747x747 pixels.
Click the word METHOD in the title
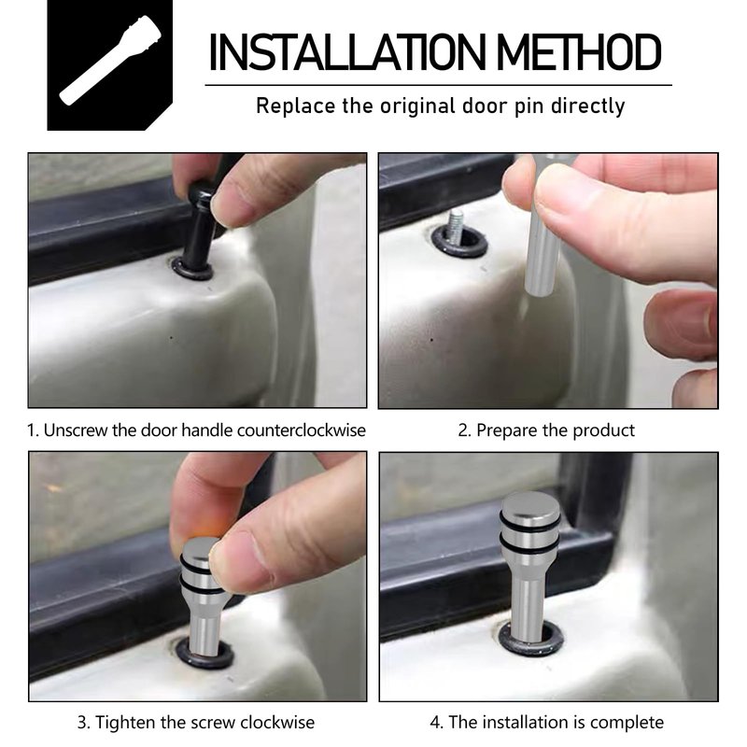[579, 52]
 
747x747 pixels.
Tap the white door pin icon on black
[110, 61]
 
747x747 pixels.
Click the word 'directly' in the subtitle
[588, 106]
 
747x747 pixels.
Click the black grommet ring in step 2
[459, 248]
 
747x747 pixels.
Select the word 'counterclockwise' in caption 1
[301, 430]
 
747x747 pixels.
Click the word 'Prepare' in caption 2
[506, 430]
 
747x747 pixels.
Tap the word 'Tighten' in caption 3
[126, 723]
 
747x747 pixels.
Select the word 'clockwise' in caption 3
[277, 723]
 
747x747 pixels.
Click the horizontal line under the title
[438, 85]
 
